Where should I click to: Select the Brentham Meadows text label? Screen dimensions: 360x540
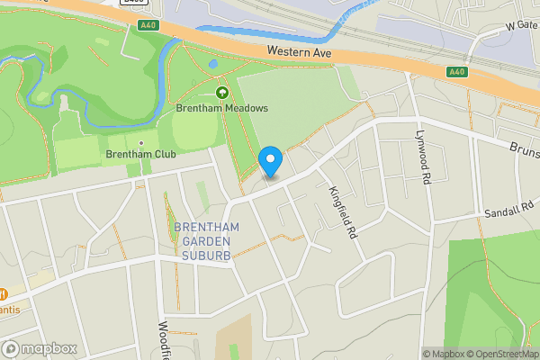[221, 108]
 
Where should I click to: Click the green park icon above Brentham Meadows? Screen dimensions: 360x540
[221, 92]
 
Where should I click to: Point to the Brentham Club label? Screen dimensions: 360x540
[140, 154]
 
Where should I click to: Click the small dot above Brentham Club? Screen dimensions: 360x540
[140, 142]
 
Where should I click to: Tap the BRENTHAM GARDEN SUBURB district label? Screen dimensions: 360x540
[207, 241]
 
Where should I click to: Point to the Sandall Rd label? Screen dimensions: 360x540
[509, 210]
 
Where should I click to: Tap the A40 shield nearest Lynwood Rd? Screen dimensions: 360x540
[456, 72]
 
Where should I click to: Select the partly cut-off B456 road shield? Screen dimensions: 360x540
[133, 3]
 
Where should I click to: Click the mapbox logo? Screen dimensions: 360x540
[39, 348]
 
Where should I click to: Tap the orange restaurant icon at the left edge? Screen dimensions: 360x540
[3, 294]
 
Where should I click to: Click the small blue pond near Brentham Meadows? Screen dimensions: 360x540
[212, 65]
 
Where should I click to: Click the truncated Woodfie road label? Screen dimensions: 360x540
[165, 340]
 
